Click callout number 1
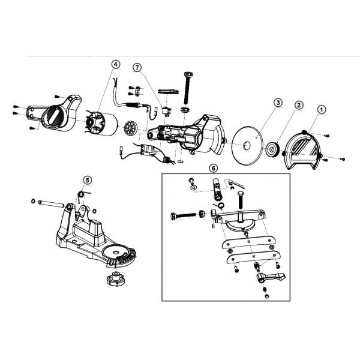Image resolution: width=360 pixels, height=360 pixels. coord(321,110)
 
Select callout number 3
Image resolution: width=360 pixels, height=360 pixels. coord(278,103)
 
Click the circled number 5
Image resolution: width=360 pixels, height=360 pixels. coord(87,179)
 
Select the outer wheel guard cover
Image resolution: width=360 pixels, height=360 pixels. coord(307,149)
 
